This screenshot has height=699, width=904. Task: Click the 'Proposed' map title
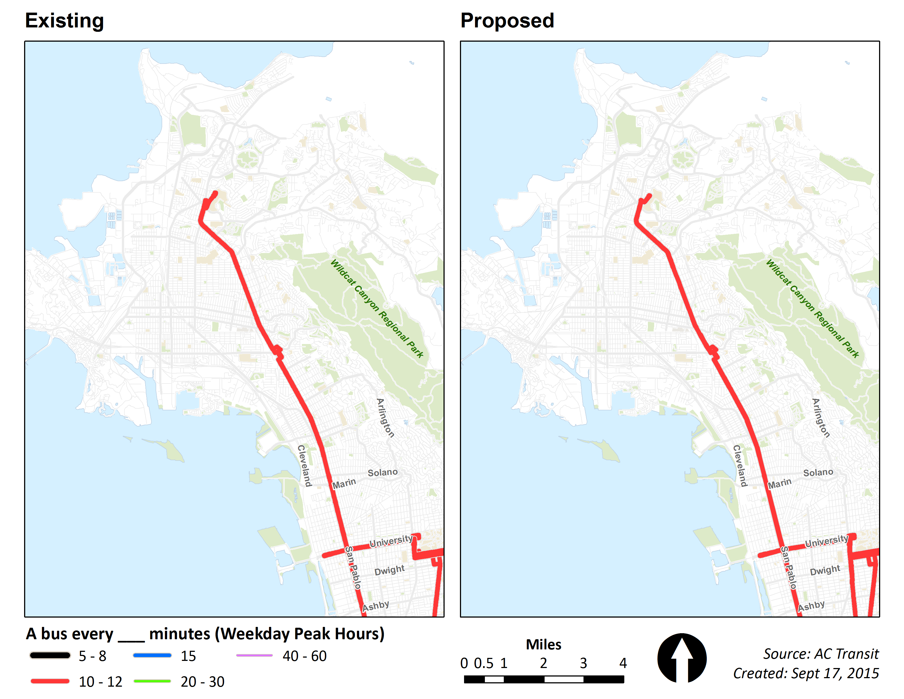(x=507, y=21)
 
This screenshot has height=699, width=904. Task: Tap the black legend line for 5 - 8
(x=50, y=655)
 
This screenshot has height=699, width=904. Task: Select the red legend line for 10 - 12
(x=50, y=681)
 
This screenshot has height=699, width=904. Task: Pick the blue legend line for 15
(x=152, y=655)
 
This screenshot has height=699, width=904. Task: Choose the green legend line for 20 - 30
(x=152, y=681)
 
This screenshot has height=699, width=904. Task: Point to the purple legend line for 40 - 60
(x=254, y=655)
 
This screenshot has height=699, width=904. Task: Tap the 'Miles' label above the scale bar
(x=543, y=645)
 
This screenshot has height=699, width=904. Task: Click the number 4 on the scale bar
(x=623, y=663)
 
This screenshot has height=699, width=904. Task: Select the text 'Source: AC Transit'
(x=820, y=654)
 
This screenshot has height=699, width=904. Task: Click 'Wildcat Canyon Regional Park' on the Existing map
(x=377, y=308)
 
